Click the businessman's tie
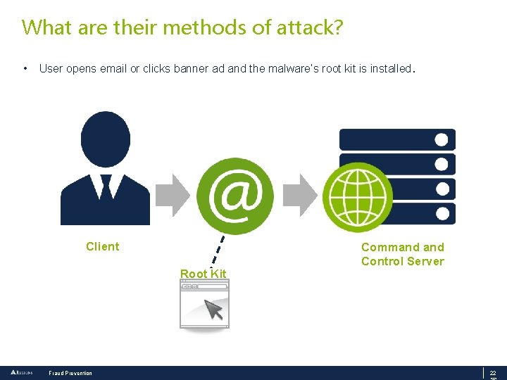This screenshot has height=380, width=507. (x=106, y=186)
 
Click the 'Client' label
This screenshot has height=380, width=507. (x=103, y=246)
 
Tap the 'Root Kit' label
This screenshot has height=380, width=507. (x=203, y=274)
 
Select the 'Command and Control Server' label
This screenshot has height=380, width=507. (x=403, y=254)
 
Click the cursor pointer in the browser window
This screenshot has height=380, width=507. (x=213, y=309)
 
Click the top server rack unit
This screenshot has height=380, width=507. (x=397, y=139)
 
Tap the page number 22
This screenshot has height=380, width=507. (x=493, y=373)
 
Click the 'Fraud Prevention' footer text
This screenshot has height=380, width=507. (x=70, y=373)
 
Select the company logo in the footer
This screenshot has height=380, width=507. (x=20, y=372)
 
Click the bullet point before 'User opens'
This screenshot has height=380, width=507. (x=25, y=69)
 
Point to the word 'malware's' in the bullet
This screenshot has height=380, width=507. (x=294, y=69)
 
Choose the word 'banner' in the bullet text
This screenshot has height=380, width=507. (x=191, y=69)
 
